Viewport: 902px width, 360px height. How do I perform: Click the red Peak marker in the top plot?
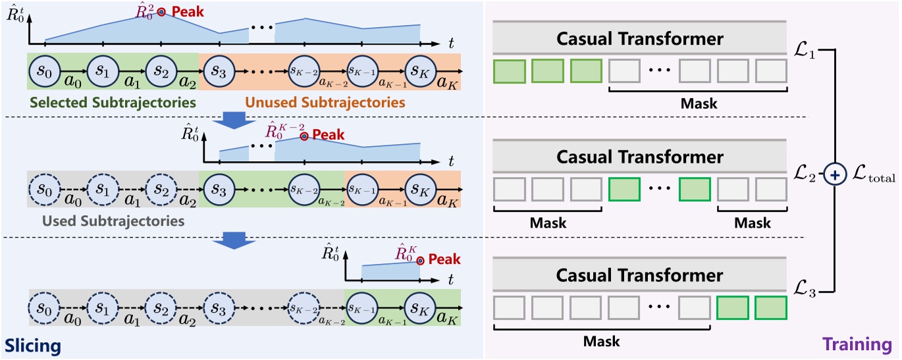[161, 12]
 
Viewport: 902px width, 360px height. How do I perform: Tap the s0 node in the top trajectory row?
[45, 71]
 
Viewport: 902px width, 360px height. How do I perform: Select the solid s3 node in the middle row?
[219, 190]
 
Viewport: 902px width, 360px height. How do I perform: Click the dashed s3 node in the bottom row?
[219, 308]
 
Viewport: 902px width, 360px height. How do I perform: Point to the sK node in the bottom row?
[421, 308]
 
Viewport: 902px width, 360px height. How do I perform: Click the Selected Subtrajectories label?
[113, 102]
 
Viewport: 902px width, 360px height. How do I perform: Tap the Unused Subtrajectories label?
[325, 102]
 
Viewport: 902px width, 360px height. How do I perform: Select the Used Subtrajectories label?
[113, 220]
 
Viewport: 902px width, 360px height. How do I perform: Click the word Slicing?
[33, 346]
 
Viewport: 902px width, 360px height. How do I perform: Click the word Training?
[857, 344]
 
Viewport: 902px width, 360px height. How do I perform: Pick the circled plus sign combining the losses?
[835, 175]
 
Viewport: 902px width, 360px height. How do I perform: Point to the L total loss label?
[874, 173]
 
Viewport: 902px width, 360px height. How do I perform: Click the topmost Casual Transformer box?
[639, 38]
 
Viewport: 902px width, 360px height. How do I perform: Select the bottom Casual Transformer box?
[639, 274]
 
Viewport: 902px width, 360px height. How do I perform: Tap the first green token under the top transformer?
[510, 71]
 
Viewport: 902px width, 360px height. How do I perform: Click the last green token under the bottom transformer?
[771, 308]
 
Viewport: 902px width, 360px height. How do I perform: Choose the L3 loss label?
[805, 289]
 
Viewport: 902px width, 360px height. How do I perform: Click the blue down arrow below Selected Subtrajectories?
[234, 120]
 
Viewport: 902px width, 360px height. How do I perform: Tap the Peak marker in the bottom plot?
[421, 261]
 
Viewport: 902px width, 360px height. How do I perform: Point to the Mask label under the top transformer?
[699, 103]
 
